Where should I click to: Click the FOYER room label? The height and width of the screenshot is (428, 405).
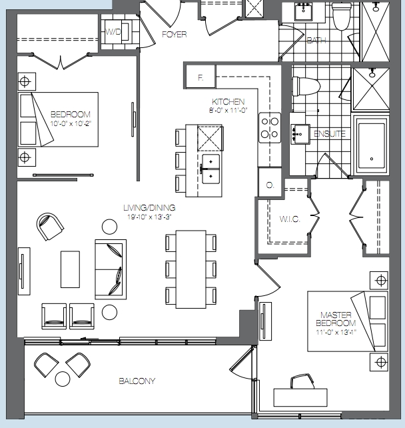point(175,35)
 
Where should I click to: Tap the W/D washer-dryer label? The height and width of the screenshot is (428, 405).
point(113,32)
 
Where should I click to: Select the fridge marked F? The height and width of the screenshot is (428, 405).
point(201,77)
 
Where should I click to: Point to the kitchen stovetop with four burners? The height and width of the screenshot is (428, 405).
point(270,127)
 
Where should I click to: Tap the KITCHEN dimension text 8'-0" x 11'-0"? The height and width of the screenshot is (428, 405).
point(228,110)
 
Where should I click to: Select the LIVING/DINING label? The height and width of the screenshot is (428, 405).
point(149,208)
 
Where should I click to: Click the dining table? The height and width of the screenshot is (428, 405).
point(191,269)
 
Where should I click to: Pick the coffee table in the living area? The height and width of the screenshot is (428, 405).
point(70,269)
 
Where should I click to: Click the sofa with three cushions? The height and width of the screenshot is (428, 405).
point(111,269)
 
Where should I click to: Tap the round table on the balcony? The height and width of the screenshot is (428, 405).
point(63,379)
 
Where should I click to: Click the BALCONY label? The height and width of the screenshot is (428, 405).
point(137,381)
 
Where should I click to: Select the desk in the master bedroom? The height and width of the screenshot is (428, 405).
point(300,398)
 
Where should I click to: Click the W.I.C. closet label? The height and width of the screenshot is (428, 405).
point(290,219)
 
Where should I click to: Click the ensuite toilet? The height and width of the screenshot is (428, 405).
point(306,86)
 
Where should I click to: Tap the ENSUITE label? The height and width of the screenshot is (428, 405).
point(330,134)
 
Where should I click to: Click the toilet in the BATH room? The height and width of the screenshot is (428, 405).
point(342,17)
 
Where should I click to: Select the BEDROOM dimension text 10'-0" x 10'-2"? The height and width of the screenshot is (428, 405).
point(71,123)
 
